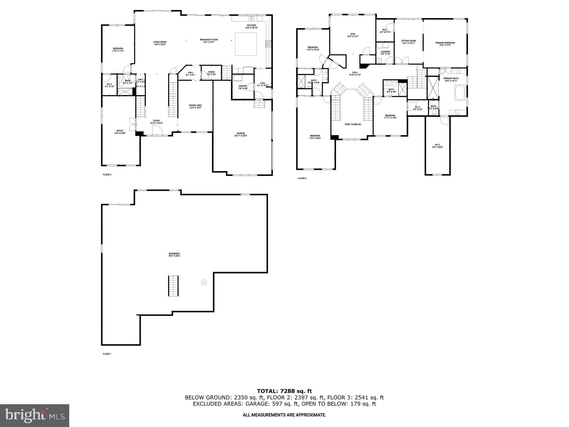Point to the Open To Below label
click(x=353, y=124)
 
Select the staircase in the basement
click(x=173, y=286)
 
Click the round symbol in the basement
click(x=204, y=282)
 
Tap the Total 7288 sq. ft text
click(x=284, y=391)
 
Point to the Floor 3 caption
click(x=302, y=178)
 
